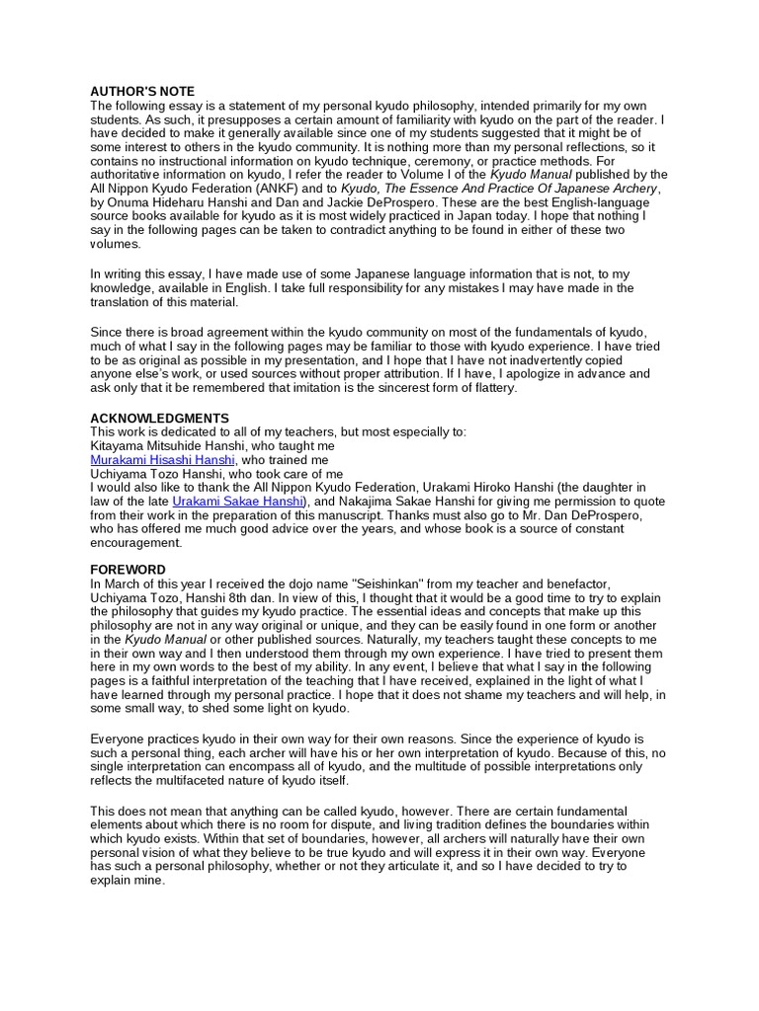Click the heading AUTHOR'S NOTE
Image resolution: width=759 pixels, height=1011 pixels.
click(142, 91)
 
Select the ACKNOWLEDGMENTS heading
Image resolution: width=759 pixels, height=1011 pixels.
click(159, 418)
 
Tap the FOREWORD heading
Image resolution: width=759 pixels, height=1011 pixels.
click(127, 570)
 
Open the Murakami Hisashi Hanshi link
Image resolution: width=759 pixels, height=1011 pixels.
click(162, 460)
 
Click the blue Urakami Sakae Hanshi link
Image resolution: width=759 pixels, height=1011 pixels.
click(238, 502)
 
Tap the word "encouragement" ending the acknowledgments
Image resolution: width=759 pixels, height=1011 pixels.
click(135, 543)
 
